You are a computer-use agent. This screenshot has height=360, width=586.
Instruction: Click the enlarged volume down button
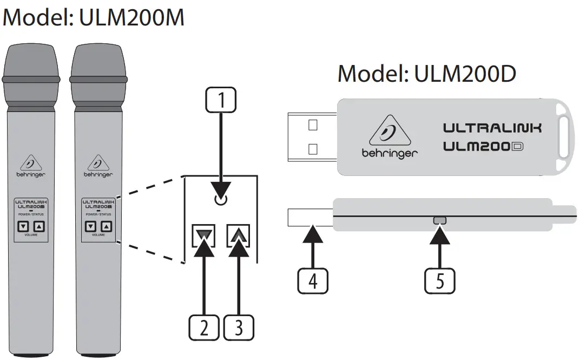[x=204, y=235]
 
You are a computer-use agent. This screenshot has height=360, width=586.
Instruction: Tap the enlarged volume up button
[x=238, y=235]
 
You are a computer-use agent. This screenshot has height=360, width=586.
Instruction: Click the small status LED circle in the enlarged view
[x=220, y=200]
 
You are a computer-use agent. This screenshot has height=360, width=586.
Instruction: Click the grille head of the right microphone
[x=98, y=65]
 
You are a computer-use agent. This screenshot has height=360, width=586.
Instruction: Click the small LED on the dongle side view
[x=439, y=220]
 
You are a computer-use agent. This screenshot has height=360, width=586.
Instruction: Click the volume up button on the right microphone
[x=107, y=227]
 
